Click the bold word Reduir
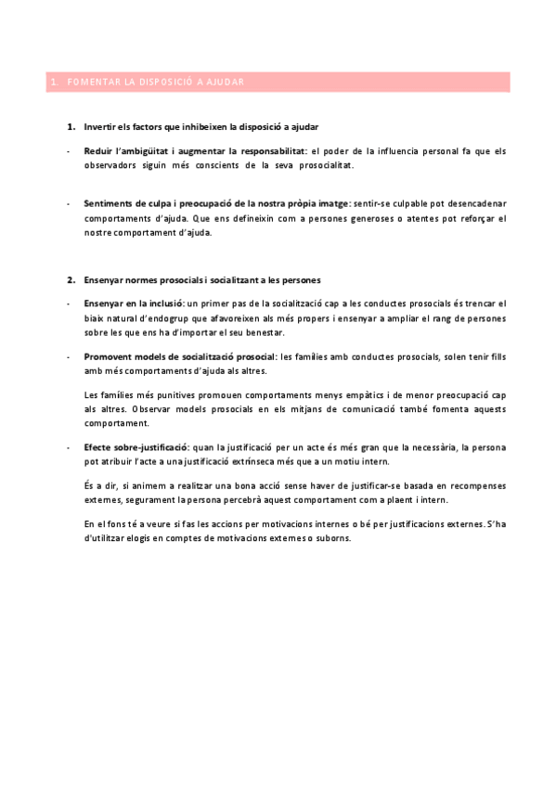click(x=97, y=149)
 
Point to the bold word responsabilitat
click(x=270, y=149)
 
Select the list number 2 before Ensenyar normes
click(x=70, y=279)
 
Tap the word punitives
click(x=162, y=393)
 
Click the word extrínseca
click(x=243, y=461)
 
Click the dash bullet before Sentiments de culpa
click(x=69, y=203)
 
